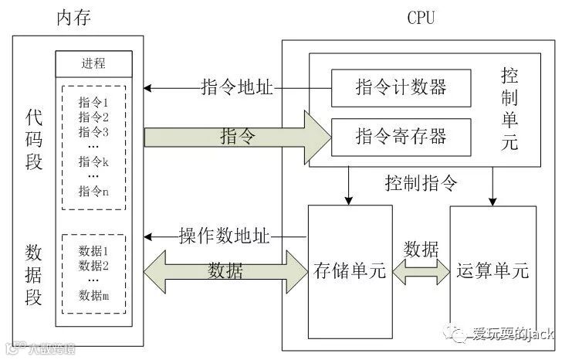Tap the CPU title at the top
(421, 18)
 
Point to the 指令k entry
(93, 161)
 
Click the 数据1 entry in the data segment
(93, 250)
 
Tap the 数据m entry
(93, 294)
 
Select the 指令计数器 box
(400, 87)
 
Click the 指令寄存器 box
(400, 137)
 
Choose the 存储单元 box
(350, 271)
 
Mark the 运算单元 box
(492, 271)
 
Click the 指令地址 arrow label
(235, 87)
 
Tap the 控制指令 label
(421, 183)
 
